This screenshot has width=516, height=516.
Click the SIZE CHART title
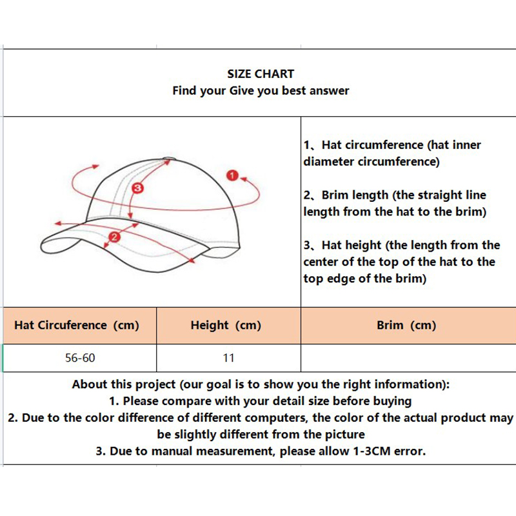pos(261,74)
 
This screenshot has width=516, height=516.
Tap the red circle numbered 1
pos(233,175)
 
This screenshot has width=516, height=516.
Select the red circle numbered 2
pos(114,237)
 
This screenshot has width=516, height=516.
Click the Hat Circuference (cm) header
pos(77,325)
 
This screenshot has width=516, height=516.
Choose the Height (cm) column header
pos(226,325)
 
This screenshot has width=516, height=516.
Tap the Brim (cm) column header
pos(406,325)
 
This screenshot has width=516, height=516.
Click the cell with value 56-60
pos(80,357)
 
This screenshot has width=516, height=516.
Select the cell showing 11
pos(228,357)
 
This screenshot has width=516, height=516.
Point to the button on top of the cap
pos(170,159)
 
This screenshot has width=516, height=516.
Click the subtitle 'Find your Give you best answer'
pos(261,91)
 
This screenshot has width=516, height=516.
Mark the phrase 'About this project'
pos(124,384)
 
